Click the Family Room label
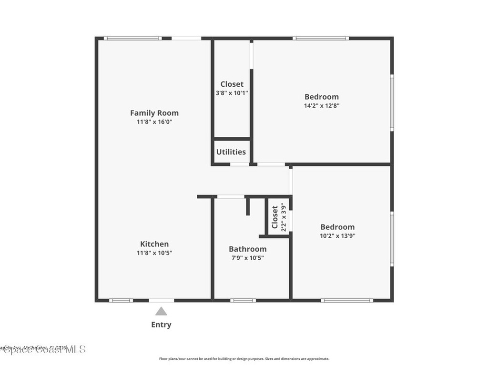coord(154,113)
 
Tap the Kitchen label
coord(154,244)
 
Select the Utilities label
coord(231,152)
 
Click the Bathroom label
coord(247,249)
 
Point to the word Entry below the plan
coord(161,325)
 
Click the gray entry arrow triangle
coord(161,311)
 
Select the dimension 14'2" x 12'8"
coord(322,106)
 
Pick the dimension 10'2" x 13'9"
coord(337,235)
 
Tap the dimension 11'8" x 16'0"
coord(154,122)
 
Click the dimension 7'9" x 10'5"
coord(247,258)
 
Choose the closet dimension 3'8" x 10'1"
coord(232,93)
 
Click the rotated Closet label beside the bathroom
coord(275,217)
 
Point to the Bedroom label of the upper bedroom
coord(322,97)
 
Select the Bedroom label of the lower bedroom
coord(337,227)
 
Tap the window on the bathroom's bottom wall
coord(243,300)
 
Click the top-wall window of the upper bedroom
coord(321,38)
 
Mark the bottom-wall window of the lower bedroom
coord(346,300)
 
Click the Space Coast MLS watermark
coord(43,349)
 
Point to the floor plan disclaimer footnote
coord(244,359)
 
